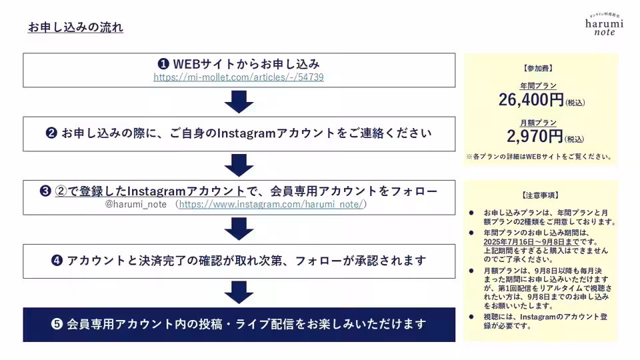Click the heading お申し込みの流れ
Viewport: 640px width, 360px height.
(x=75, y=28)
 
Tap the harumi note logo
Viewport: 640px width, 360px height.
(x=604, y=25)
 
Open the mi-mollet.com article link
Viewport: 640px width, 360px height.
(x=239, y=77)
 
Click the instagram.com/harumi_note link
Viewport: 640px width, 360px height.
(x=270, y=205)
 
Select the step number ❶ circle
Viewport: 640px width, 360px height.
(x=163, y=64)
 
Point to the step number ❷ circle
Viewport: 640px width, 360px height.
(x=51, y=133)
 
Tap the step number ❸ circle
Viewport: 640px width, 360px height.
(x=45, y=192)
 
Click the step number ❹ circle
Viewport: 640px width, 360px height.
(x=57, y=261)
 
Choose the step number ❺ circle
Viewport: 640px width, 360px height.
(x=57, y=325)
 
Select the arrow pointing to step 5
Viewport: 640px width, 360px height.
(x=239, y=292)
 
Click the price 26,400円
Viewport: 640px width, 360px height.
(x=531, y=101)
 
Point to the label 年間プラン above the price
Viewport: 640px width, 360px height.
(x=538, y=86)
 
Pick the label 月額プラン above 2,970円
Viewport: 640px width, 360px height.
(x=538, y=123)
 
